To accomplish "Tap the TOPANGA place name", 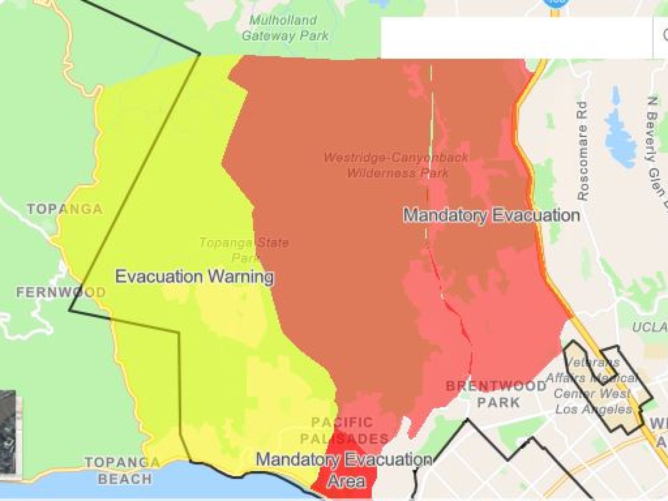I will click(x=65, y=209).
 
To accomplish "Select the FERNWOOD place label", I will click(x=61, y=292).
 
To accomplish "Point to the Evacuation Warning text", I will click(x=194, y=276).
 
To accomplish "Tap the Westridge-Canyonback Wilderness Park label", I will click(x=396, y=165).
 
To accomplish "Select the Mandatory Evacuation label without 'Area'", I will click(x=491, y=215).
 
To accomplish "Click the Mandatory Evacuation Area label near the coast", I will click(x=345, y=470).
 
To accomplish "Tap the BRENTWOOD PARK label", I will click(x=497, y=394).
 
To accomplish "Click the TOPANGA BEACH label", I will click(x=123, y=471).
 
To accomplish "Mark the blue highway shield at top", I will click(x=555, y=2).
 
